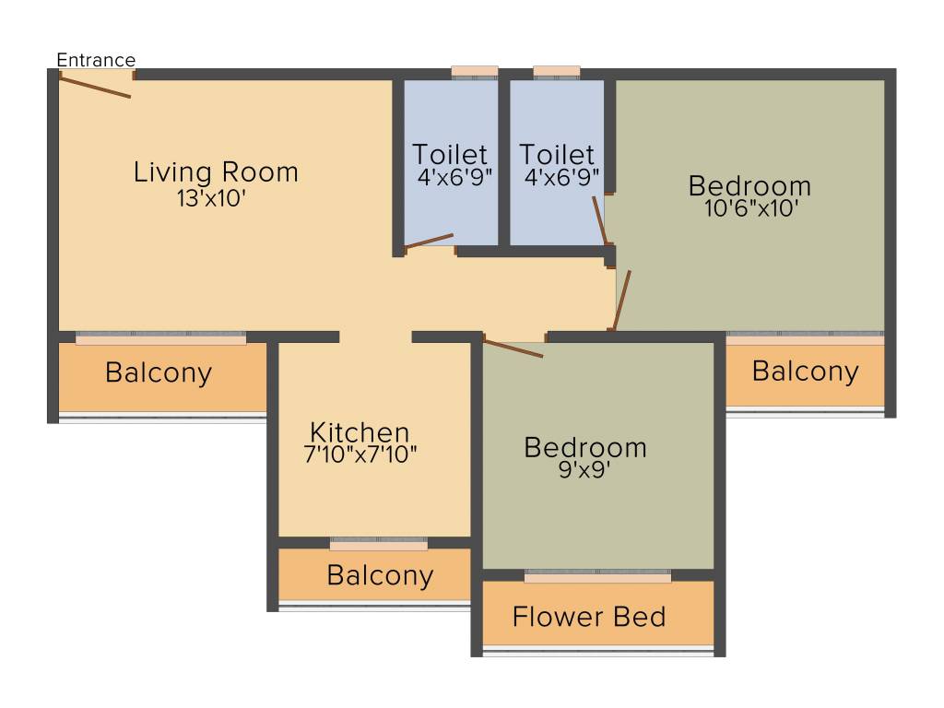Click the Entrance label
click(x=96, y=61)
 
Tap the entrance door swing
click(x=95, y=86)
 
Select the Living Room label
click(x=216, y=172)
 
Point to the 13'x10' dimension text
click(x=211, y=198)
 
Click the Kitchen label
click(x=360, y=432)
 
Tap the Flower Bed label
click(x=589, y=616)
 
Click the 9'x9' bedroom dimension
click(x=584, y=469)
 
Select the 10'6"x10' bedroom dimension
click(x=749, y=208)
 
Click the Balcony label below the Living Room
click(x=159, y=373)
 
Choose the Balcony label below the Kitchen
click(x=380, y=575)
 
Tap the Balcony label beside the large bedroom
click(x=805, y=372)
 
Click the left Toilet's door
click(x=429, y=241)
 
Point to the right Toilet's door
click(x=599, y=219)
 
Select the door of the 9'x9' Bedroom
click(x=513, y=348)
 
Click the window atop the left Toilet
click(x=475, y=72)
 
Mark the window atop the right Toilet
click(x=557, y=72)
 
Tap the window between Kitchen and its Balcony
click(x=378, y=545)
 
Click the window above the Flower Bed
click(x=597, y=577)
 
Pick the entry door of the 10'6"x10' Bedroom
click(x=622, y=300)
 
